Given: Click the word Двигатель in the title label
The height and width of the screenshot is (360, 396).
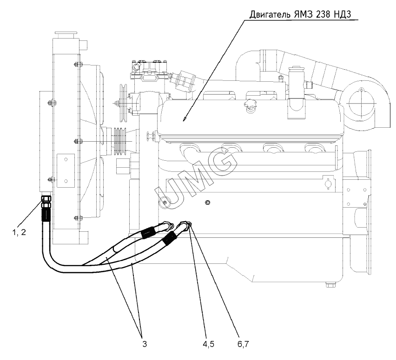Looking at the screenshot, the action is [270, 14].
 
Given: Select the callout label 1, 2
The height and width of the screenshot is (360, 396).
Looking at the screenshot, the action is [19, 232].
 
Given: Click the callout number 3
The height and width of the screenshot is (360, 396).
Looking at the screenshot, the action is [145, 344].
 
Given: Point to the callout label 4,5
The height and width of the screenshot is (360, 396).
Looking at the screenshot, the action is [208, 344].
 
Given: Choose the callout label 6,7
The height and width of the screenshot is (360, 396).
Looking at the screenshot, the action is [243, 344].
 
